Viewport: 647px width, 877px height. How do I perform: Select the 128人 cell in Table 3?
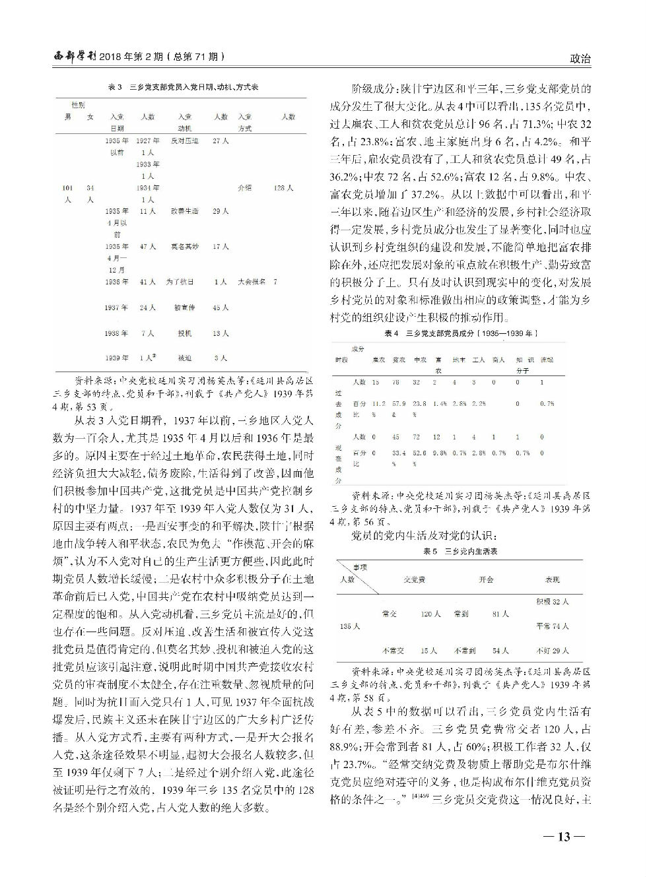(283, 188)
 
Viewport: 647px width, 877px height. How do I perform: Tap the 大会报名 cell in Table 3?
(251, 282)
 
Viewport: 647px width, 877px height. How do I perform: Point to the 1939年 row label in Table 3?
(116, 358)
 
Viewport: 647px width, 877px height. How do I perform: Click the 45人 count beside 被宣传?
(221, 308)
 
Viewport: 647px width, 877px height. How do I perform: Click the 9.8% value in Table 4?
(440, 453)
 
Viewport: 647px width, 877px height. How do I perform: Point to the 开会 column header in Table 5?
(487, 579)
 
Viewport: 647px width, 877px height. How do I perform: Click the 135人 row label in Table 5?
(349, 625)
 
